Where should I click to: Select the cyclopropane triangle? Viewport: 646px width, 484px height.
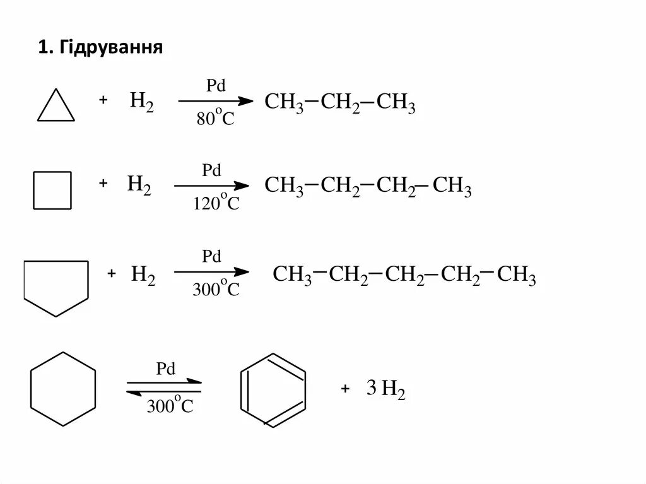[x=56, y=107]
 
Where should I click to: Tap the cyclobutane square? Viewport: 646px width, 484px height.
[x=52, y=190]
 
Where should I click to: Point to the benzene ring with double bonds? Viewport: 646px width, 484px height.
[x=273, y=389]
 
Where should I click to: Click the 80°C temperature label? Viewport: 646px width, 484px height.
[x=214, y=119]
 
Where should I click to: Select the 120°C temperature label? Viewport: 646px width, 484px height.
[x=216, y=203]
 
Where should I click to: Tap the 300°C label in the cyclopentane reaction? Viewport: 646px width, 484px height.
[x=216, y=289]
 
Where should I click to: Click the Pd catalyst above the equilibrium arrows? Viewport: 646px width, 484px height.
[x=165, y=369]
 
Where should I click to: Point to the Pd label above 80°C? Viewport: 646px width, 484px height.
[x=216, y=86]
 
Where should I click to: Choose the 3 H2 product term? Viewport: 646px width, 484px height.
[x=385, y=390]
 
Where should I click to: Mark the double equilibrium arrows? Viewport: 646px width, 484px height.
[x=165, y=387]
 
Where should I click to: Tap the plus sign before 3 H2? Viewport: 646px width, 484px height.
[x=345, y=389]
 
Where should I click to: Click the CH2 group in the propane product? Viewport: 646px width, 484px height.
[x=340, y=102]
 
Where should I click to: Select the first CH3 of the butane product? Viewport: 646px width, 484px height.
[x=284, y=186]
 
